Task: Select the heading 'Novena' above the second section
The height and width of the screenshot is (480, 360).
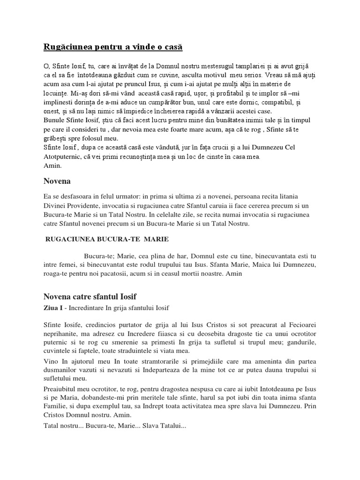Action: [x=57, y=180]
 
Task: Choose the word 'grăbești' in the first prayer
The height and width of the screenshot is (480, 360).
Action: [x=56, y=138]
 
